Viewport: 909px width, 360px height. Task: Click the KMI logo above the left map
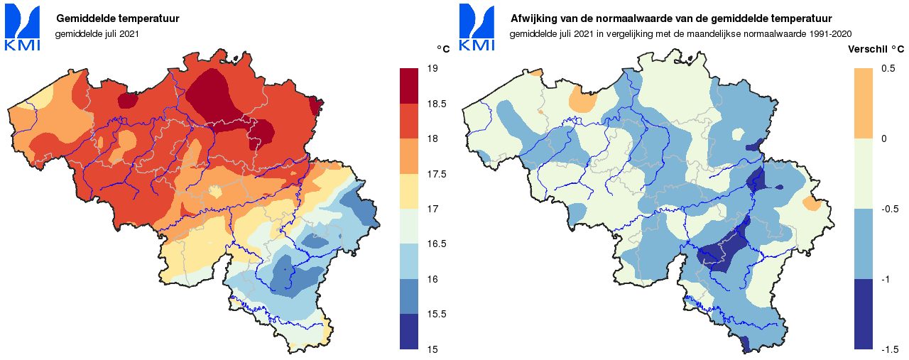pyautogui.click(x=23, y=28)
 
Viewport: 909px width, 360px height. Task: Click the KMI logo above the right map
pyautogui.click(x=477, y=28)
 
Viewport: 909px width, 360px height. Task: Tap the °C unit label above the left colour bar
pyautogui.click(x=443, y=49)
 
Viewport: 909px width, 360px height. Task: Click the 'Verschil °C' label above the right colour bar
pyautogui.click(x=876, y=49)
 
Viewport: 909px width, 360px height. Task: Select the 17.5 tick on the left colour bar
pyautogui.click(x=435, y=174)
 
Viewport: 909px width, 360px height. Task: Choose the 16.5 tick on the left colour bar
pyautogui.click(x=435, y=244)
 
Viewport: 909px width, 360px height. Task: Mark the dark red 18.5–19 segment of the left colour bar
pyautogui.click(x=409, y=86)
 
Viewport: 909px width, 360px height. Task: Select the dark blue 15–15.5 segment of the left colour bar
pyautogui.click(x=409, y=332)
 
